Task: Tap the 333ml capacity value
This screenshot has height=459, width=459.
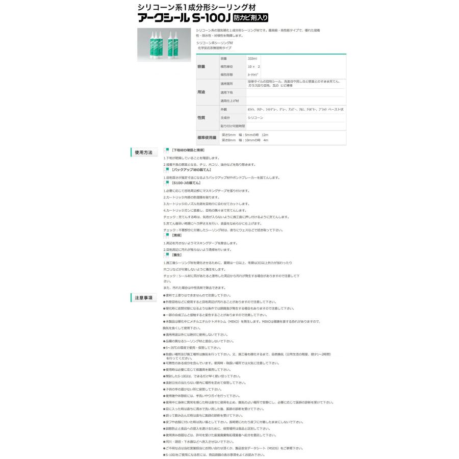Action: (x=252, y=59)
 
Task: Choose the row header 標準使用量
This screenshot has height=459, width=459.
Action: (x=207, y=137)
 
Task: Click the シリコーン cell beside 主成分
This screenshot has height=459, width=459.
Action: (x=255, y=118)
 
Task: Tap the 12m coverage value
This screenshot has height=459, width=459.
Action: (x=265, y=135)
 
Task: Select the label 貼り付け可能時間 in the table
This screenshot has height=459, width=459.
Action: (x=233, y=125)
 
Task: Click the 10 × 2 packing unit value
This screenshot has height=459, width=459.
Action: (x=254, y=67)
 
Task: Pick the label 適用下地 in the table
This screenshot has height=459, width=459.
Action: (x=226, y=92)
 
